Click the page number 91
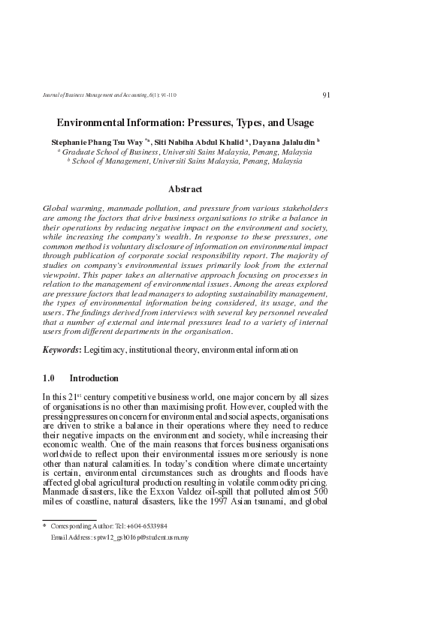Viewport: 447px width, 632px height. point(325,95)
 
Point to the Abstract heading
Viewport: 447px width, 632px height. point(185,189)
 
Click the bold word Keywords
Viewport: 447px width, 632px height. point(61,350)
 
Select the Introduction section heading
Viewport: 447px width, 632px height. point(94,379)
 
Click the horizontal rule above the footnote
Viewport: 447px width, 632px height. point(69,519)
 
